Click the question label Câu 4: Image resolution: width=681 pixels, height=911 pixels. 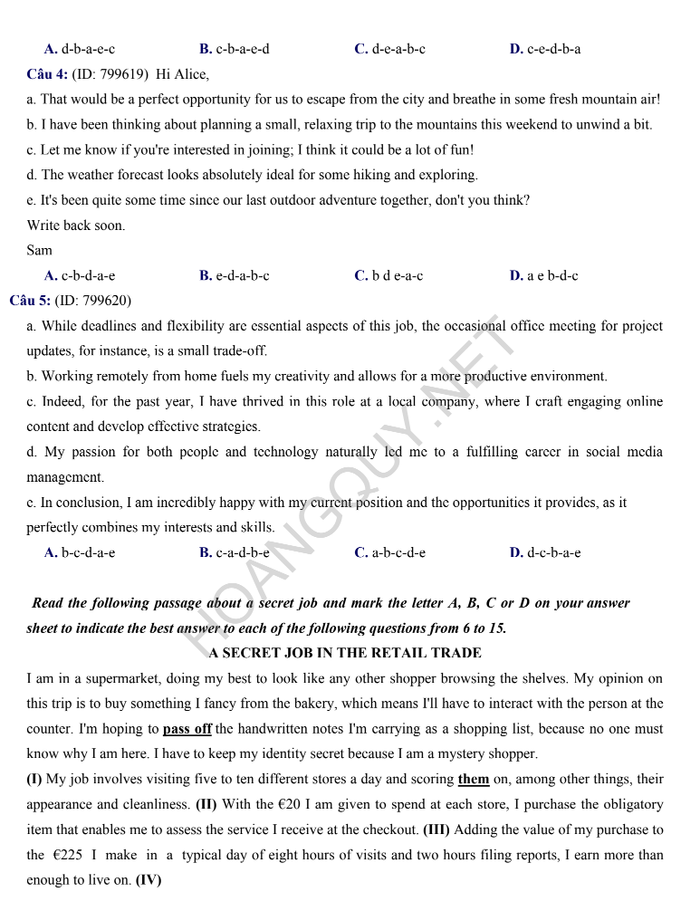point(47,74)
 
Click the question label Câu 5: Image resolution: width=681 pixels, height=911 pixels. point(30,301)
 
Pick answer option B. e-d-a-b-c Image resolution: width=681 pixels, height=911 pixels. point(235,275)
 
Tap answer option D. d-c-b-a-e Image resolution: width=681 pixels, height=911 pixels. point(545,552)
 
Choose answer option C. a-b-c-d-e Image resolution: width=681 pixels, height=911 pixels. point(390,552)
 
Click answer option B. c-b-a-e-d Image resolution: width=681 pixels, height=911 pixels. point(235,49)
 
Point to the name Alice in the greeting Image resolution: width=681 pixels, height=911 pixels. point(188,74)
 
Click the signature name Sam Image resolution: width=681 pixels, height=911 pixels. point(40,250)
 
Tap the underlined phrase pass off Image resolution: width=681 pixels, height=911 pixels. point(187,728)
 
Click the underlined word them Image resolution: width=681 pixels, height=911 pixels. point(474,779)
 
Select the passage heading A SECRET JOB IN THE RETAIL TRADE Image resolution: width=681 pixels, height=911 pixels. point(345,652)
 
